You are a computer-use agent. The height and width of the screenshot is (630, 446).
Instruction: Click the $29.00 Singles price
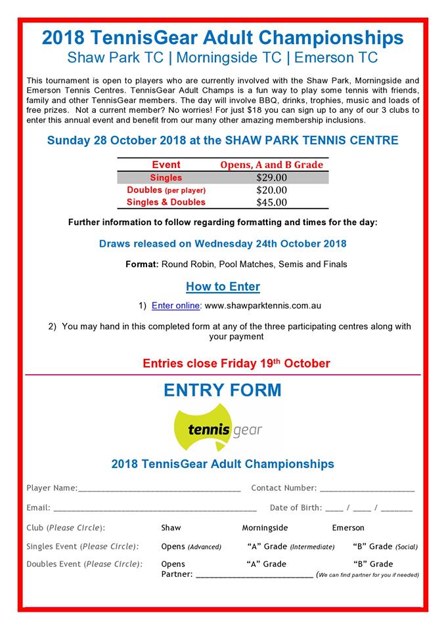pos(271,178)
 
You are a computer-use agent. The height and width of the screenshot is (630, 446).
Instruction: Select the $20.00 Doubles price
pos(271,190)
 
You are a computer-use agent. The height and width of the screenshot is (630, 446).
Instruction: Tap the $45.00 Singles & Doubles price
pos(271,202)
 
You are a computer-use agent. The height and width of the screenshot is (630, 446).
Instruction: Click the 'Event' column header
pos(166,165)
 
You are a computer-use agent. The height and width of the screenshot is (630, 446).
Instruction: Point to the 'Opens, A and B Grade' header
pos(271,165)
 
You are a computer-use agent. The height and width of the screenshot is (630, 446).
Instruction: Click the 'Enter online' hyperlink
pos(175,306)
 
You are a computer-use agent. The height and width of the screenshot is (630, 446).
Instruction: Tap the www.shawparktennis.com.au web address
pos(263,306)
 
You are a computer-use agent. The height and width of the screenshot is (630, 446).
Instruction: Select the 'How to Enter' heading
pos(223,287)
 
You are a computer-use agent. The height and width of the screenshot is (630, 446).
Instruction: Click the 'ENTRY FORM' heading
pos(222,390)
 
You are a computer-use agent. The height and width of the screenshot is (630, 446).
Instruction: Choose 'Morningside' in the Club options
pos(265,528)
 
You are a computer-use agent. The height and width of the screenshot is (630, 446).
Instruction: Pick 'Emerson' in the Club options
pos(348,528)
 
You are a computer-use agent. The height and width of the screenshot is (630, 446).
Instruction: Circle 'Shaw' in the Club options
pos(171,528)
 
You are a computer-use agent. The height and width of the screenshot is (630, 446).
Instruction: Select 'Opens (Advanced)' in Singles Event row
pos(191,547)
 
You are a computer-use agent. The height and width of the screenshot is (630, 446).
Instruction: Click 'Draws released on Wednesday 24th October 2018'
pos(223,244)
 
